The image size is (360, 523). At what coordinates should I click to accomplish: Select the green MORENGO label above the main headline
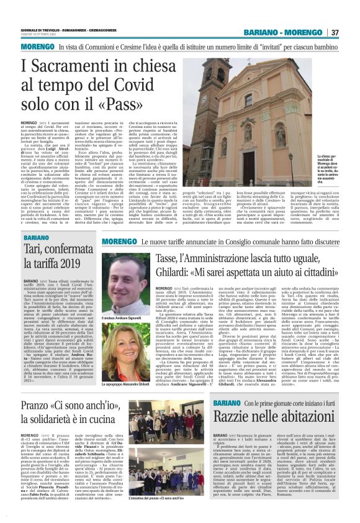click(x=37, y=47)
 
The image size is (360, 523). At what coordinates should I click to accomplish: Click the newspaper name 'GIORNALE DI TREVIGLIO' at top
click(x=43, y=28)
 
